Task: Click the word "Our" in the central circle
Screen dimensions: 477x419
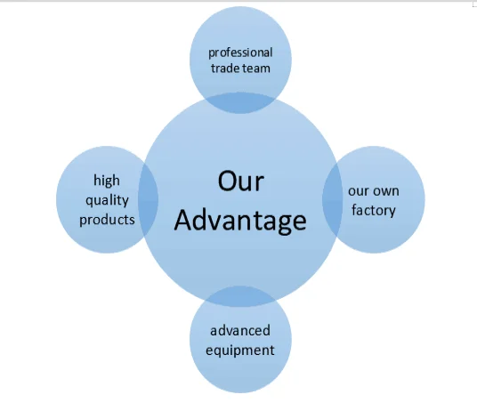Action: click(x=240, y=181)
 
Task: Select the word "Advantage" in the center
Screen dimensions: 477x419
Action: click(x=240, y=221)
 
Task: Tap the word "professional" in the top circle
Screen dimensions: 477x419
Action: click(x=240, y=52)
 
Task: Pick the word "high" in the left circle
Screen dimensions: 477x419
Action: click(x=107, y=181)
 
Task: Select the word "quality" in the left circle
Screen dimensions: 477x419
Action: click(x=107, y=201)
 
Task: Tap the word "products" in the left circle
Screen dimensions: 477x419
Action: click(x=107, y=220)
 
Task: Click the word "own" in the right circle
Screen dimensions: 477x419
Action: click(x=386, y=191)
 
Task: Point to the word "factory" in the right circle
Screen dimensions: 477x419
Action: click(x=374, y=210)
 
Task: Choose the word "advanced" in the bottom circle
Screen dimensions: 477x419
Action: click(x=240, y=331)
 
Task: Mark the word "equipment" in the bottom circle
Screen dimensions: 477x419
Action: click(x=240, y=350)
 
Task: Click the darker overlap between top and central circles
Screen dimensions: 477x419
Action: click(x=240, y=103)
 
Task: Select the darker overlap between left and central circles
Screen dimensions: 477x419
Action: click(x=148, y=199)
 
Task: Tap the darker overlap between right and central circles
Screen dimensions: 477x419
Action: click(x=333, y=199)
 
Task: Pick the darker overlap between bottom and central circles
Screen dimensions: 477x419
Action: click(x=240, y=296)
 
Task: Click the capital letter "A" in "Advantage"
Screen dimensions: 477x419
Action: click(x=185, y=220)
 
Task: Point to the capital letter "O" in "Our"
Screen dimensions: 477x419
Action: click(x=228, y=181)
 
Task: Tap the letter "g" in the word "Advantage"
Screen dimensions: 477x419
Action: click(x=284, y=225)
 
